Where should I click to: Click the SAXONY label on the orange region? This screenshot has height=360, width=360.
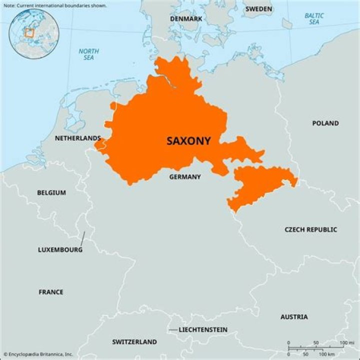[188, 141]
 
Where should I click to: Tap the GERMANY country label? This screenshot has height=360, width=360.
[185, 177]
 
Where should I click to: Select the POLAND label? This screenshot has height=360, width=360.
[325, 123]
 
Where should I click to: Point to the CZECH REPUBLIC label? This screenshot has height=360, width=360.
[310, 229]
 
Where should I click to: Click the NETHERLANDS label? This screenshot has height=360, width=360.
[77, 138]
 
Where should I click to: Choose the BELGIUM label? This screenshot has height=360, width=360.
[51, 192]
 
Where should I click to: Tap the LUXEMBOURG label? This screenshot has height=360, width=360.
[60, 249]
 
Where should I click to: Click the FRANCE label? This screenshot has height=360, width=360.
[51, 292]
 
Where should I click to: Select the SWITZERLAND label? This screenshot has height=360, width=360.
[134, 342]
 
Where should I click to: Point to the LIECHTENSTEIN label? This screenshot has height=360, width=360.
[203, 330]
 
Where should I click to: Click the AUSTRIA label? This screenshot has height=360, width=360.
[294, 317]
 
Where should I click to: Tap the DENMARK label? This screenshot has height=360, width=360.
[186, 18]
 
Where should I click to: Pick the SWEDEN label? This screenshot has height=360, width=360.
[258, 9]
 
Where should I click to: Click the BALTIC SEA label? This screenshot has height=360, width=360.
[313, 19]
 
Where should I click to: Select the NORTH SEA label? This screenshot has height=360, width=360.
[88, 54]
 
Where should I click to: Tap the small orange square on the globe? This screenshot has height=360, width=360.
[29, 33]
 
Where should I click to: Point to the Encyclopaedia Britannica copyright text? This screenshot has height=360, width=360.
[37, 354]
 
